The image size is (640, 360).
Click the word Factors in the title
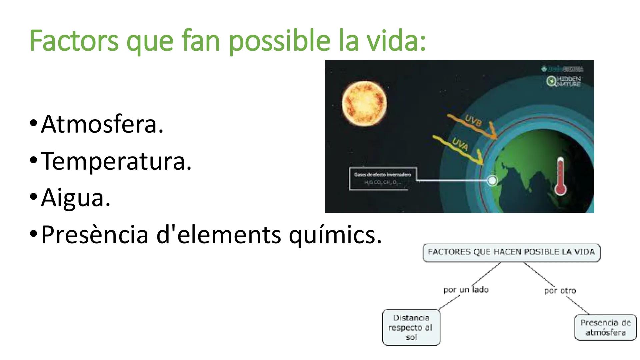point(74,41)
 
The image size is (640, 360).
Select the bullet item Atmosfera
point(102,124)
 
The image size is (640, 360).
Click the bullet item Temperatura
point(116,161)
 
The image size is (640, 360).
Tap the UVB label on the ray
point(473,121)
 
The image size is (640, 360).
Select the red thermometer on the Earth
point(560,177)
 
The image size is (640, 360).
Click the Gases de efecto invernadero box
point(383,179)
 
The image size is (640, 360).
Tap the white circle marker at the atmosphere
point(492,180)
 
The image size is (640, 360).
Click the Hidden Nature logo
point(564,81)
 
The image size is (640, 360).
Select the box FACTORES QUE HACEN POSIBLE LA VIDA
point(511,252)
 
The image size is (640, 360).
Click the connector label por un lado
point(466,290)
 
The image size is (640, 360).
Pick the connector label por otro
point(560,291)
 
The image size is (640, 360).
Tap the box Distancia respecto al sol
point(411,327)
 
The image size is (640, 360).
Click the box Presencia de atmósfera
point(605,327)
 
